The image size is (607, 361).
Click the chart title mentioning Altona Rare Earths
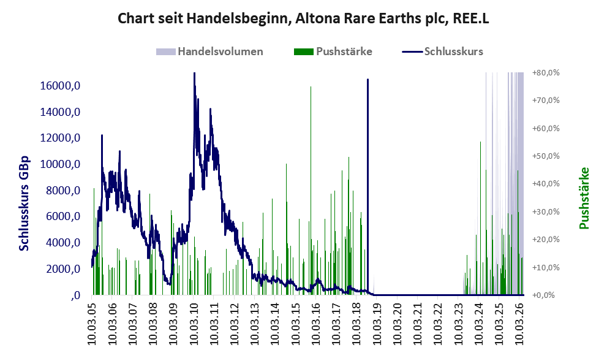pyautogui.click(x=303, y=18)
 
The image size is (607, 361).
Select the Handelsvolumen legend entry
pyautogui.click(x=209, y=51)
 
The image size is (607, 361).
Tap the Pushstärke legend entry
pyautogui.click(x=333, y=51)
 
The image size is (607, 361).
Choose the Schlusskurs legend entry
pyautogui.click(x=442, y=51)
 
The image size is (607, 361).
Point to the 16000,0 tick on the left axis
pyautogui.click(x=60, y=86)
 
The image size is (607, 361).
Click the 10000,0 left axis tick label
pyautogui.click(x=60, y=164)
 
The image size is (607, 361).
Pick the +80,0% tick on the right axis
pyautogui.click(x=546, y=73)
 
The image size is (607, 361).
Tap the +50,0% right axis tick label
pyautogui.click(x=546, y=156)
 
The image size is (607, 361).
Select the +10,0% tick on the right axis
pyautogui.click(x=546, y=267)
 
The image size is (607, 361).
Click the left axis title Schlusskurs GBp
pyautogui.click(x=24, y=203)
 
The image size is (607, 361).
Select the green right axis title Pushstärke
pyautogui.click(x=584, y=198)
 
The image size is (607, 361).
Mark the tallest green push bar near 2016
pyautogui.click(x=311, y=191)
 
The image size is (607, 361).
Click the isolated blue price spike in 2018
pyautogui.click(x=368, y=186)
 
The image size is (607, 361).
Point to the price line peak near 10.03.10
pyautogui.click(x=194, y=73)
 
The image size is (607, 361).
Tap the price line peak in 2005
pyautogui.click(x=102, y=135)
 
